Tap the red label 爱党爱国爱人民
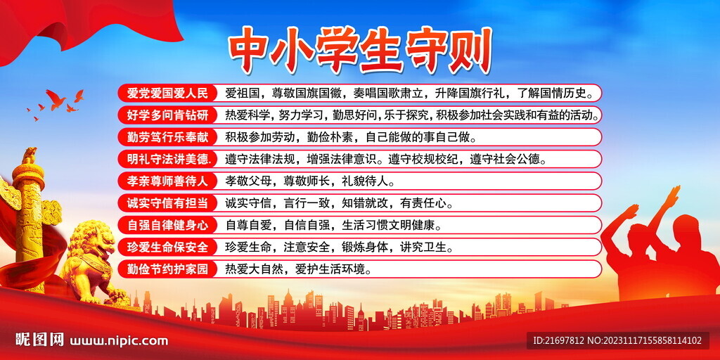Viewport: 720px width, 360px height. [167, 93]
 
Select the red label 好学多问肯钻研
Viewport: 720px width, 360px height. [167, 115]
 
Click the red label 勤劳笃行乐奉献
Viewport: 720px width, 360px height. [167, 136]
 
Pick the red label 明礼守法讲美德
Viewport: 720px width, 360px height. [167, 159]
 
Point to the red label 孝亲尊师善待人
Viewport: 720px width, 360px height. [167, 181]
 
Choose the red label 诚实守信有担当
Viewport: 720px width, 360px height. [167, 203]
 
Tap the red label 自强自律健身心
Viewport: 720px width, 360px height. [167, 225]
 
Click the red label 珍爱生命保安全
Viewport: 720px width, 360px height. [167, 247]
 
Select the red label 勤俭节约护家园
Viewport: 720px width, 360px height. [167, 269]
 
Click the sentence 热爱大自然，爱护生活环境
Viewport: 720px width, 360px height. [297, 269]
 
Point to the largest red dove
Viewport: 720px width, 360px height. [56, 98]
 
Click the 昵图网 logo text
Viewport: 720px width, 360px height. [39, 340]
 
